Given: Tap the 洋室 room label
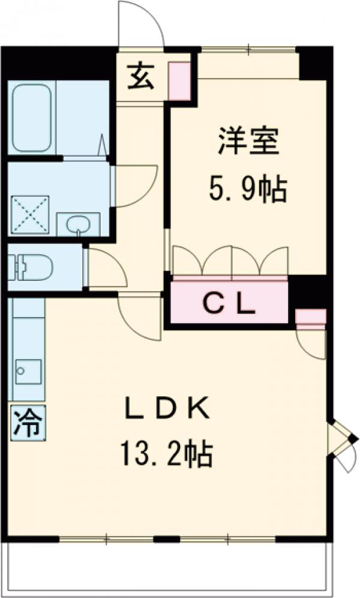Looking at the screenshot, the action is coord(248,141).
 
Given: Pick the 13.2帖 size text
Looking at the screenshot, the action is coord(166,453).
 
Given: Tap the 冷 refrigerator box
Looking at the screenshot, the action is coord(28,423).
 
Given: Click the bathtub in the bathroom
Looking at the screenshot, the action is coord(32,118).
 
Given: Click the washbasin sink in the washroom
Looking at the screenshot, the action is coord(78,225).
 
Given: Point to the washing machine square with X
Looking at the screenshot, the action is coord(31,214).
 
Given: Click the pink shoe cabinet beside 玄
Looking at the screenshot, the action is coord(179,81).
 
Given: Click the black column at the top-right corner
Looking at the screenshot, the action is coord(314,63).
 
